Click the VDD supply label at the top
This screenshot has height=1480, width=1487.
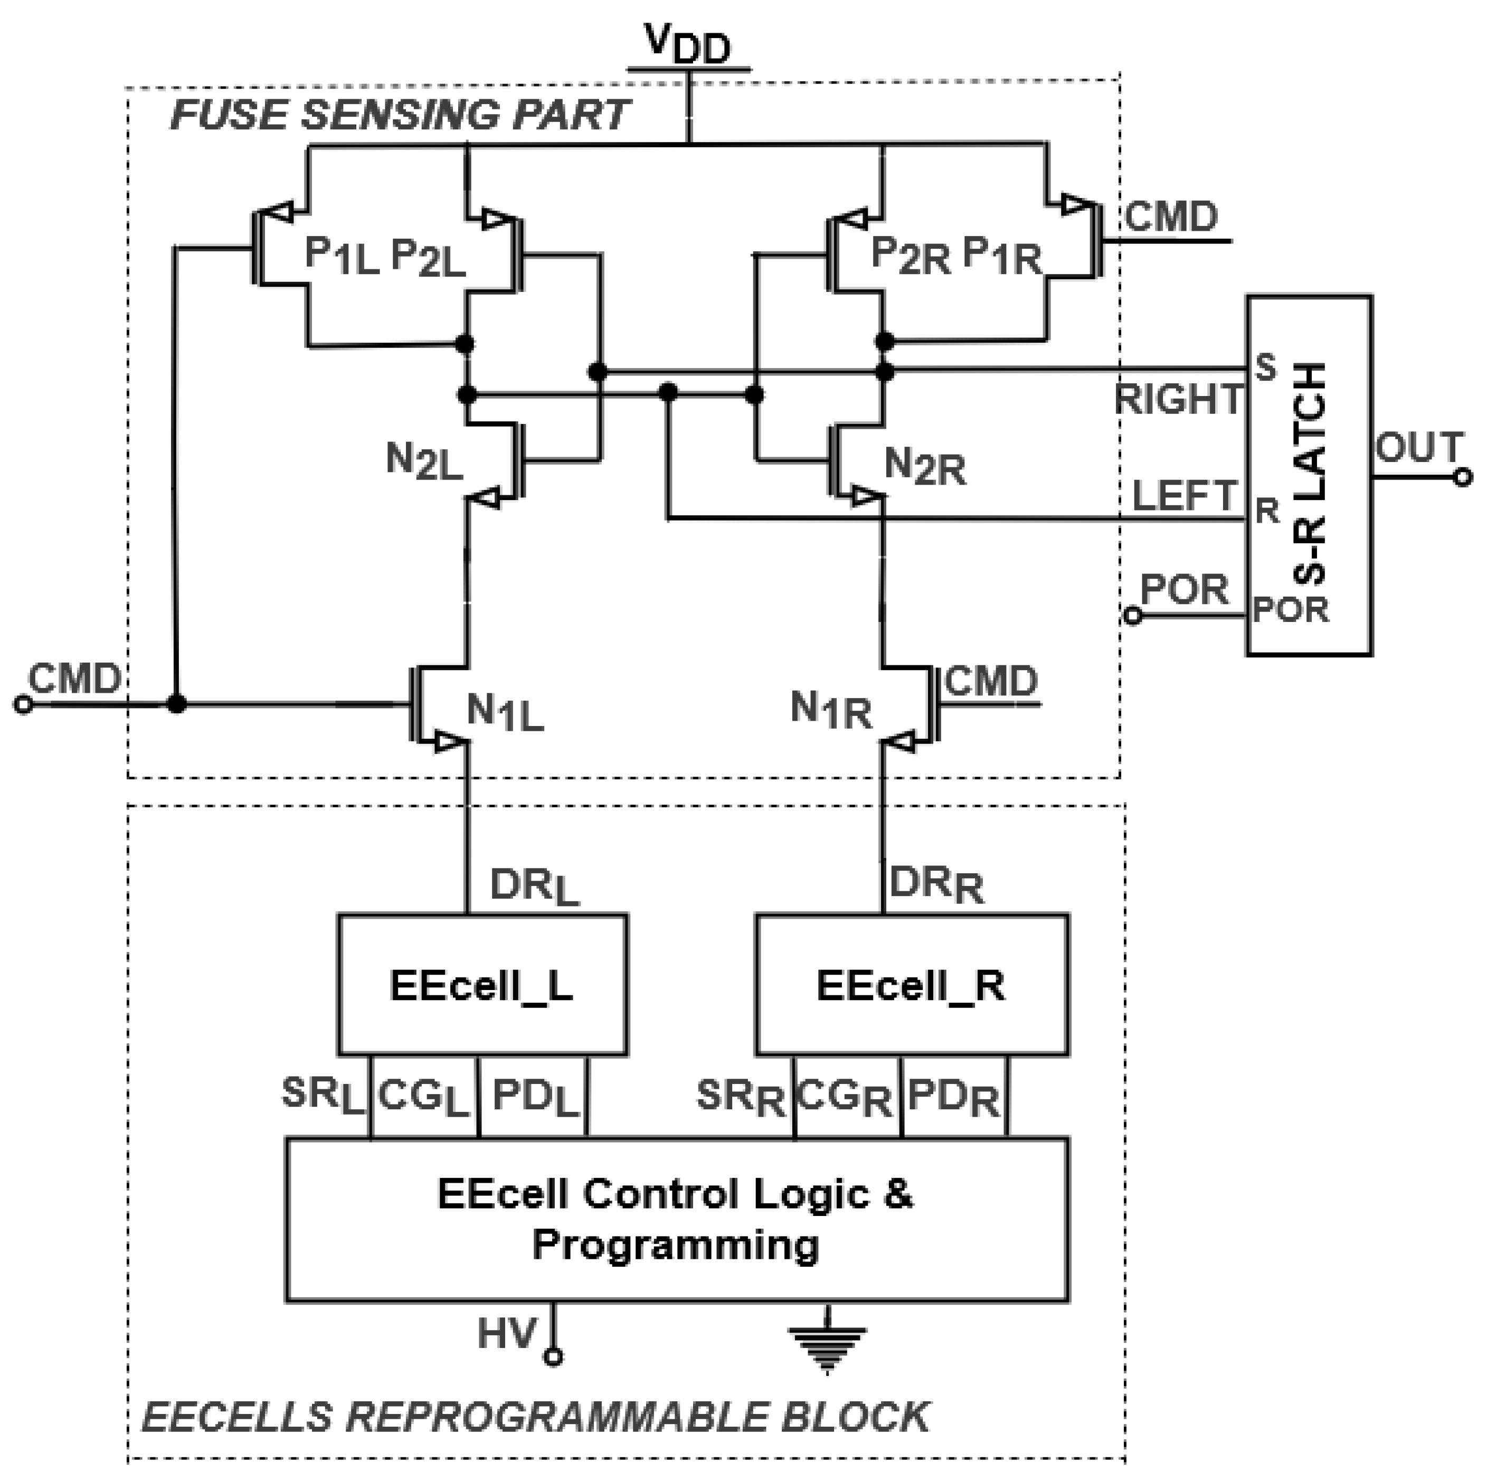[687, 45]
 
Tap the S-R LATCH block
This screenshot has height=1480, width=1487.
[1309, 475]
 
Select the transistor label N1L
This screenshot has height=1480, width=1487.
[504, 712]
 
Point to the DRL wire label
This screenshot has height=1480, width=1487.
[533, 887]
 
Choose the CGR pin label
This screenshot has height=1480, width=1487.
[844, 1097]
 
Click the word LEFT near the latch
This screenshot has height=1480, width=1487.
[1184, 495]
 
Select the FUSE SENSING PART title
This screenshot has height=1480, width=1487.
[400, 116]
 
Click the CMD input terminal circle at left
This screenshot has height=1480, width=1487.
[24, 704]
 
